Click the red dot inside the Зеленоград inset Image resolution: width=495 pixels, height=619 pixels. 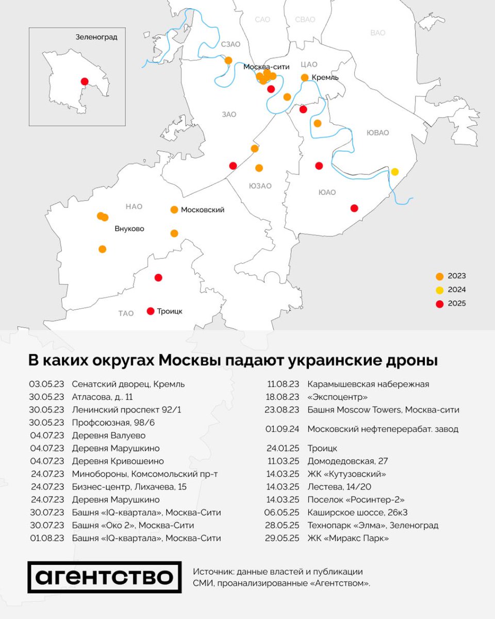85,81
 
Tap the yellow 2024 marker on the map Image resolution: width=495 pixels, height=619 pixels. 395,172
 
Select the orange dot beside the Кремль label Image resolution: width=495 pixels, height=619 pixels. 305,77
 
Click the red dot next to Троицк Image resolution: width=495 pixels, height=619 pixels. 151,311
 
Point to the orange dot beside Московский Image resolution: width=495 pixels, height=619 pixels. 174,209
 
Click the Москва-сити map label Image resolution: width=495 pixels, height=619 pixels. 267,67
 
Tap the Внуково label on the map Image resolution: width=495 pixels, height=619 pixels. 129,229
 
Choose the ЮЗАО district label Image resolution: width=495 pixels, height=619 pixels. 260,186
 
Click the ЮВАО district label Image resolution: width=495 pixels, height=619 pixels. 377,133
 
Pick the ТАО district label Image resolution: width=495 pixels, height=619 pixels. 126,313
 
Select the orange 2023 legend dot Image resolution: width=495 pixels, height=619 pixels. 439,276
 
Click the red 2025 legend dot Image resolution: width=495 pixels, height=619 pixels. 439,304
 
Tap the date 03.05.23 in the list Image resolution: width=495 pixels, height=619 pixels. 46,384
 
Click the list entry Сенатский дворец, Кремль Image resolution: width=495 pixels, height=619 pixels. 128,384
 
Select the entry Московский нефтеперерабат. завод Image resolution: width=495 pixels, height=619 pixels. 383,429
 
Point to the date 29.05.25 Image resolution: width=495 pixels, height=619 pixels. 282,539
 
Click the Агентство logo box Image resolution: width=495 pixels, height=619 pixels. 105,576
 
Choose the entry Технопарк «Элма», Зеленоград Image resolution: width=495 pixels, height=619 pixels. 373,526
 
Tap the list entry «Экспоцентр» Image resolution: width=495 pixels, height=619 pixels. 338,397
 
